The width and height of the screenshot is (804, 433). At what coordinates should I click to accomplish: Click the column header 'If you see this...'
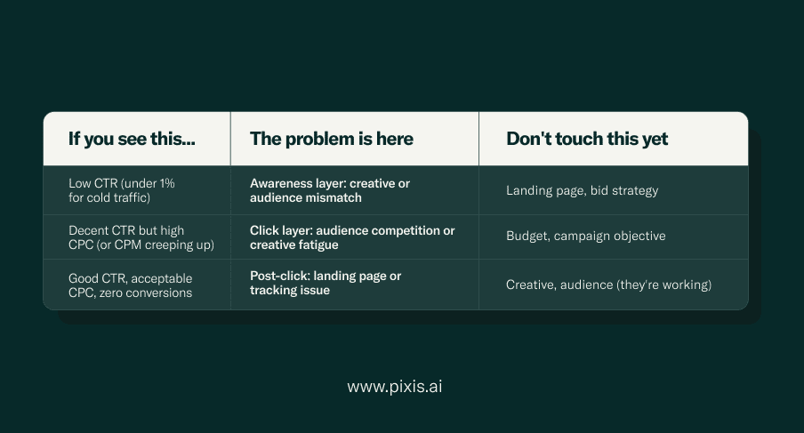132,139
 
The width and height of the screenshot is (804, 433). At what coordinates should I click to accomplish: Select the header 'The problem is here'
331,139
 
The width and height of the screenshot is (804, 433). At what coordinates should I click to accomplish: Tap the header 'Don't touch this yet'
587,139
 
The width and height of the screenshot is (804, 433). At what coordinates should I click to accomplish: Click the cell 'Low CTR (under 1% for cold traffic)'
122,190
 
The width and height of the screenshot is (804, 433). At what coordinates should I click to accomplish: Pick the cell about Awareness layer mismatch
330,190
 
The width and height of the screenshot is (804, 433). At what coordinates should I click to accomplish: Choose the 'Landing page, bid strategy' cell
582,190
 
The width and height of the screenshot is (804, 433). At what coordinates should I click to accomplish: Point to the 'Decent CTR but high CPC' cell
141,237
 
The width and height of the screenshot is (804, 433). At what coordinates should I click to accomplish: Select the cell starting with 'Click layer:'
352,237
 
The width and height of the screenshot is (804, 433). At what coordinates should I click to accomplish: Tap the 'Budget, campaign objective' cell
585,236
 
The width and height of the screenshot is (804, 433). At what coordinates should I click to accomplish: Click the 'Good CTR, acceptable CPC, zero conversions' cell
130,285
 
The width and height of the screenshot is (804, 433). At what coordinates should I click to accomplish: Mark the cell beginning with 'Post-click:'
326,283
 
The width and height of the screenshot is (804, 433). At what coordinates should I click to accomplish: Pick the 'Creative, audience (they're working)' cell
608,285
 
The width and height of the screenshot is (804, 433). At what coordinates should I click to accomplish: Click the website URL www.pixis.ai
394,386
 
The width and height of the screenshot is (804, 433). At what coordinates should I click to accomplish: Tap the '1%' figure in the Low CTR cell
168,183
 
